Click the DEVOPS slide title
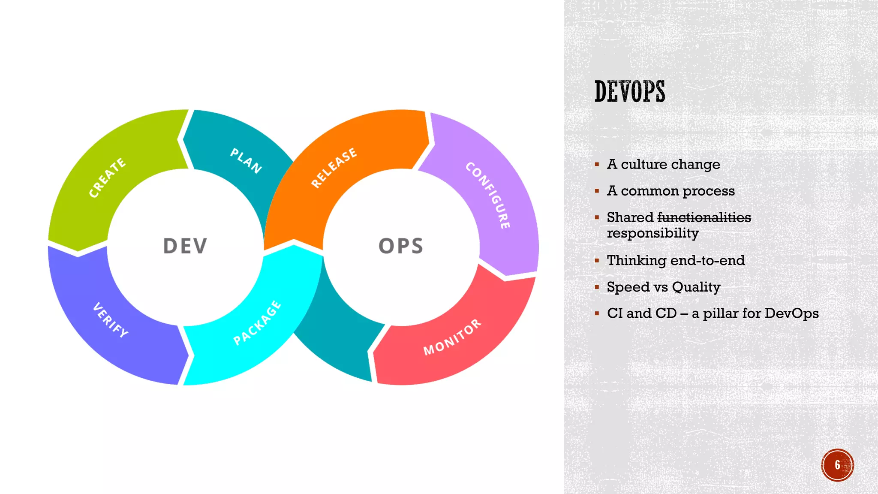pyautogui.click(x=629, y=91)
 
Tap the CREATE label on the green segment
pyautogui.click(x=107, y=178)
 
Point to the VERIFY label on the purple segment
pyautogui.click(x=111, y=320)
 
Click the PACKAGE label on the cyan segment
pyautogui.click(x=257, y=323)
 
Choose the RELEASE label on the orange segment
pyautogui.click(x=334, y=168)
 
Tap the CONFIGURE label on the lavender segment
pyautogui.click(x=488, y=195)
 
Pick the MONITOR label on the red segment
pyautogui.click(x=452, y=337)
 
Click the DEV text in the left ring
pyautogui.click(x=185, y=246)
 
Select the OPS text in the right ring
pyautogui.click(x=401, y=246)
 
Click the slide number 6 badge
pyautogui.click(x=837, y=465)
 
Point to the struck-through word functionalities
pyautogui.click(x=704, y=217)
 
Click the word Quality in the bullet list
pyautogui.click(x=696, y=287)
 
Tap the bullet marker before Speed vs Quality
pyautogui.click(x=597, y=287)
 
